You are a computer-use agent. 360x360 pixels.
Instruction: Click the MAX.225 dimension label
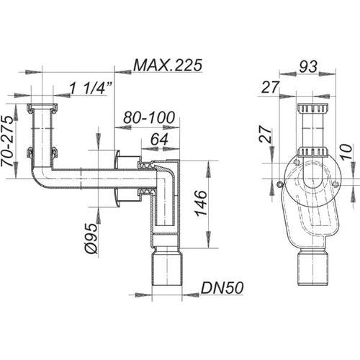coord(168,65)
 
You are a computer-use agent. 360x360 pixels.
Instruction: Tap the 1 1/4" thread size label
coord(91,88)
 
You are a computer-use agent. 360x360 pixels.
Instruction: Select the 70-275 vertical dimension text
coord(7,141)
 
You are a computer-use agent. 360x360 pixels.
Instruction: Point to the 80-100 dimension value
coord(149,117)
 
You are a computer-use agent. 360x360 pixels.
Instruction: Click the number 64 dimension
coord(159,139)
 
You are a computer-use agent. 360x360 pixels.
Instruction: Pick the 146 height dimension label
coord(201,203)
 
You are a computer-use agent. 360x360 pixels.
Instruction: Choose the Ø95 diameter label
coord(91,238)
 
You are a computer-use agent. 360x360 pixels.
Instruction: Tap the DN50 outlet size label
coord(222,288)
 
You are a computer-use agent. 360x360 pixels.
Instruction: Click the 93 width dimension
coord(308,66)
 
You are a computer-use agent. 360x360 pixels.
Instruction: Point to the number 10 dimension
coord(346,152)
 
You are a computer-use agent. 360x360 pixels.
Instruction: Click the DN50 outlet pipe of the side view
coord(167,266)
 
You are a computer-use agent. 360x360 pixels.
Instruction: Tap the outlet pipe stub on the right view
coord(312,267)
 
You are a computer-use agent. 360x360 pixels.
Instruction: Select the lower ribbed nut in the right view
coord(312,152)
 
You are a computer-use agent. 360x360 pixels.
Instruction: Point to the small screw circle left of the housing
coord(280,184)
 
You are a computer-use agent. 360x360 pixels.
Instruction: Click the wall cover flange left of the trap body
coord(117,178)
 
